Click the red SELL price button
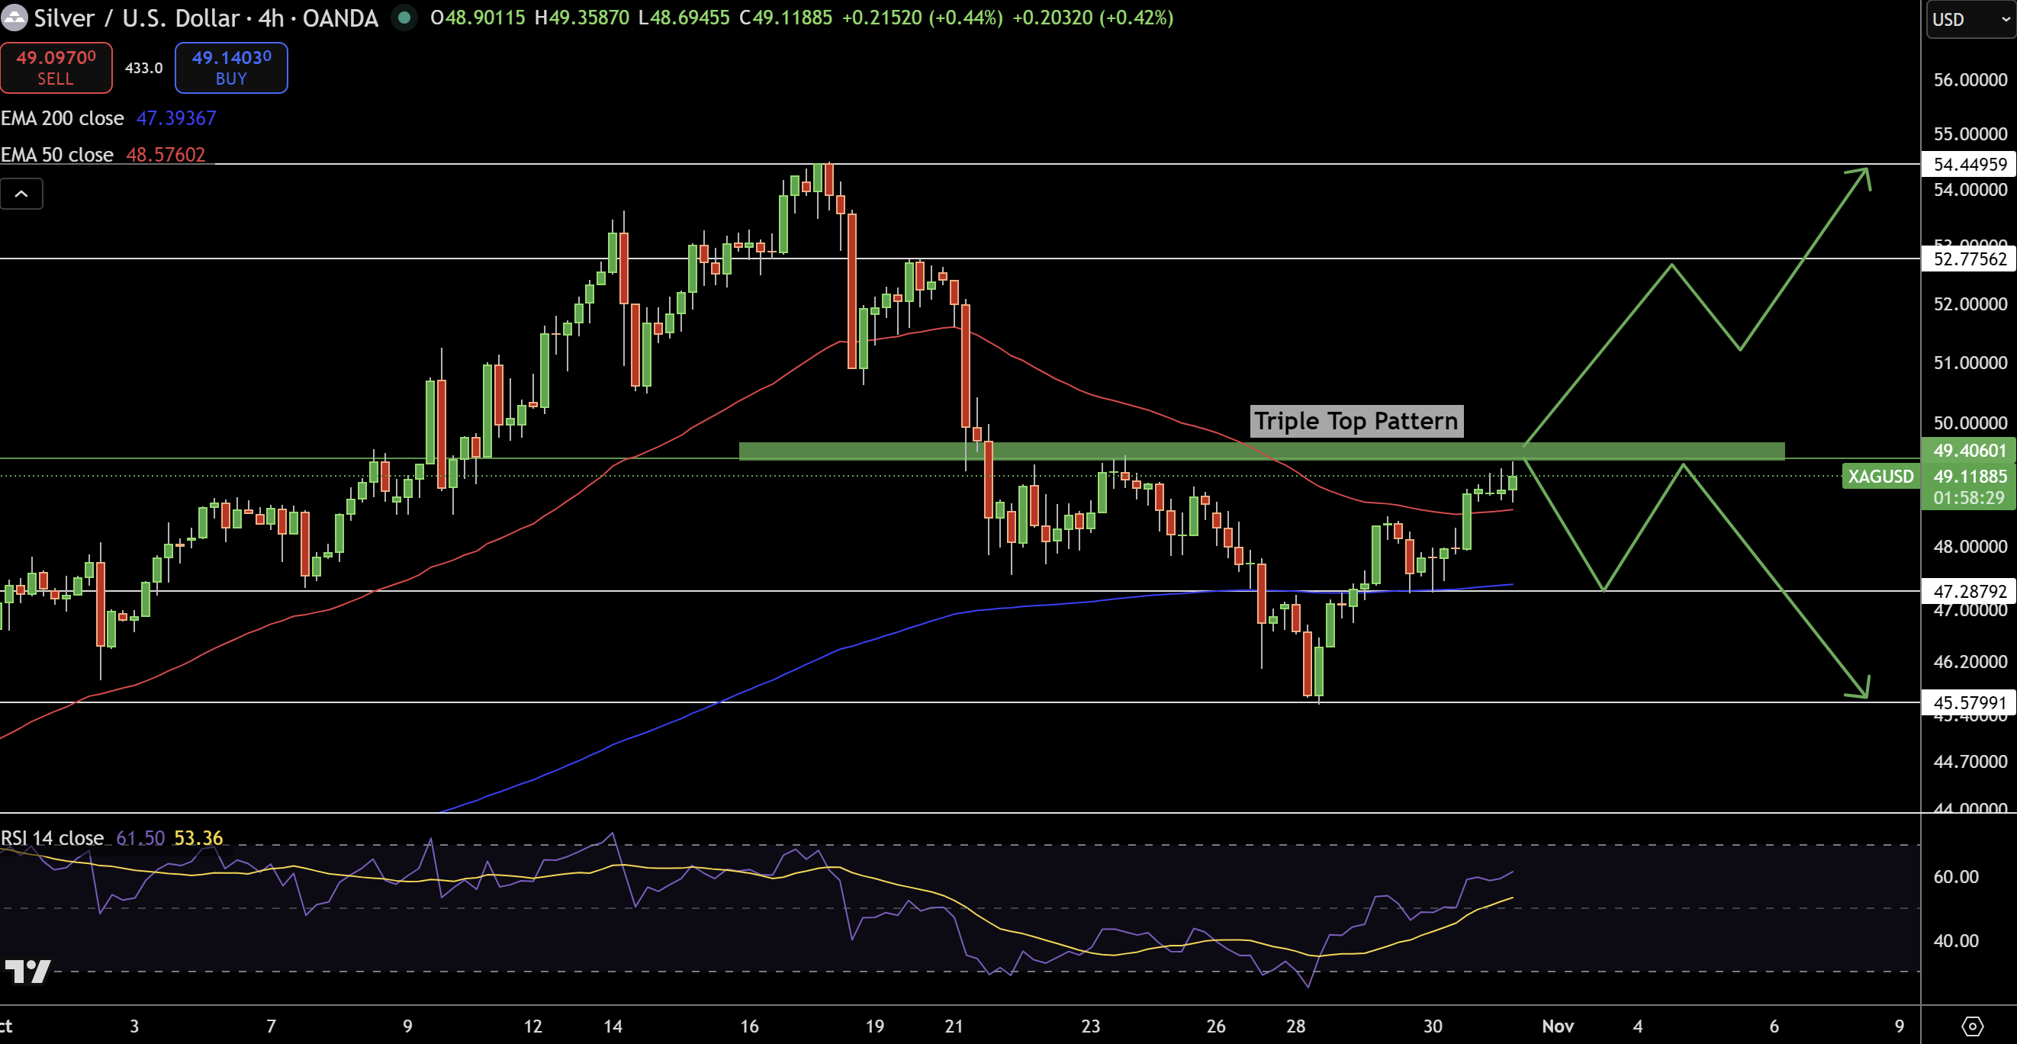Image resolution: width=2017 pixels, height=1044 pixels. pos(56,68)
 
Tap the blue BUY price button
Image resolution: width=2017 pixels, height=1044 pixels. pos(231,68)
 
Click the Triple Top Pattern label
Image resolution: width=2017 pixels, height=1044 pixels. pos(1356,421)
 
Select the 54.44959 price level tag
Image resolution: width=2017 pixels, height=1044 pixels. pos(1969,165)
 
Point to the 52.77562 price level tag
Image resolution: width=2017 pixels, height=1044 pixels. pos(1969,259)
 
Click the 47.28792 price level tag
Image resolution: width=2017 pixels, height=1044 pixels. pos(1969,591)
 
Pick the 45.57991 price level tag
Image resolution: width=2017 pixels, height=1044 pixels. pos(1969,703)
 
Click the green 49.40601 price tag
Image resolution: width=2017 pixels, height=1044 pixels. pos(1969,450)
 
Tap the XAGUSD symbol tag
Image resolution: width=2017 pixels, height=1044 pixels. pos(1880,476)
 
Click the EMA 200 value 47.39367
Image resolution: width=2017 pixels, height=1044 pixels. pos(176,118)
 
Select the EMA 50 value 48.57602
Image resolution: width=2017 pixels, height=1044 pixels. pos(166,155)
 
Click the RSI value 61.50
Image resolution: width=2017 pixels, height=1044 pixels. pos(140,838)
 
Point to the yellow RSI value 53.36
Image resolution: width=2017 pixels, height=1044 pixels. pos(198,838)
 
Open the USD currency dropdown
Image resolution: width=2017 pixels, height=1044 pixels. pos(1969,20)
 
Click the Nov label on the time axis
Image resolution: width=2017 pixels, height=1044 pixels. pos(1558,1026)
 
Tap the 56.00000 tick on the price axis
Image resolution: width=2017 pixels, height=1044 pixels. pos(1969,80)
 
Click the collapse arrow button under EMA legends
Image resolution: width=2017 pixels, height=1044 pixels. pos(22,194)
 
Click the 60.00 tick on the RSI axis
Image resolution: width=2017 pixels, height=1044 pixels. pos(1955,876)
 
